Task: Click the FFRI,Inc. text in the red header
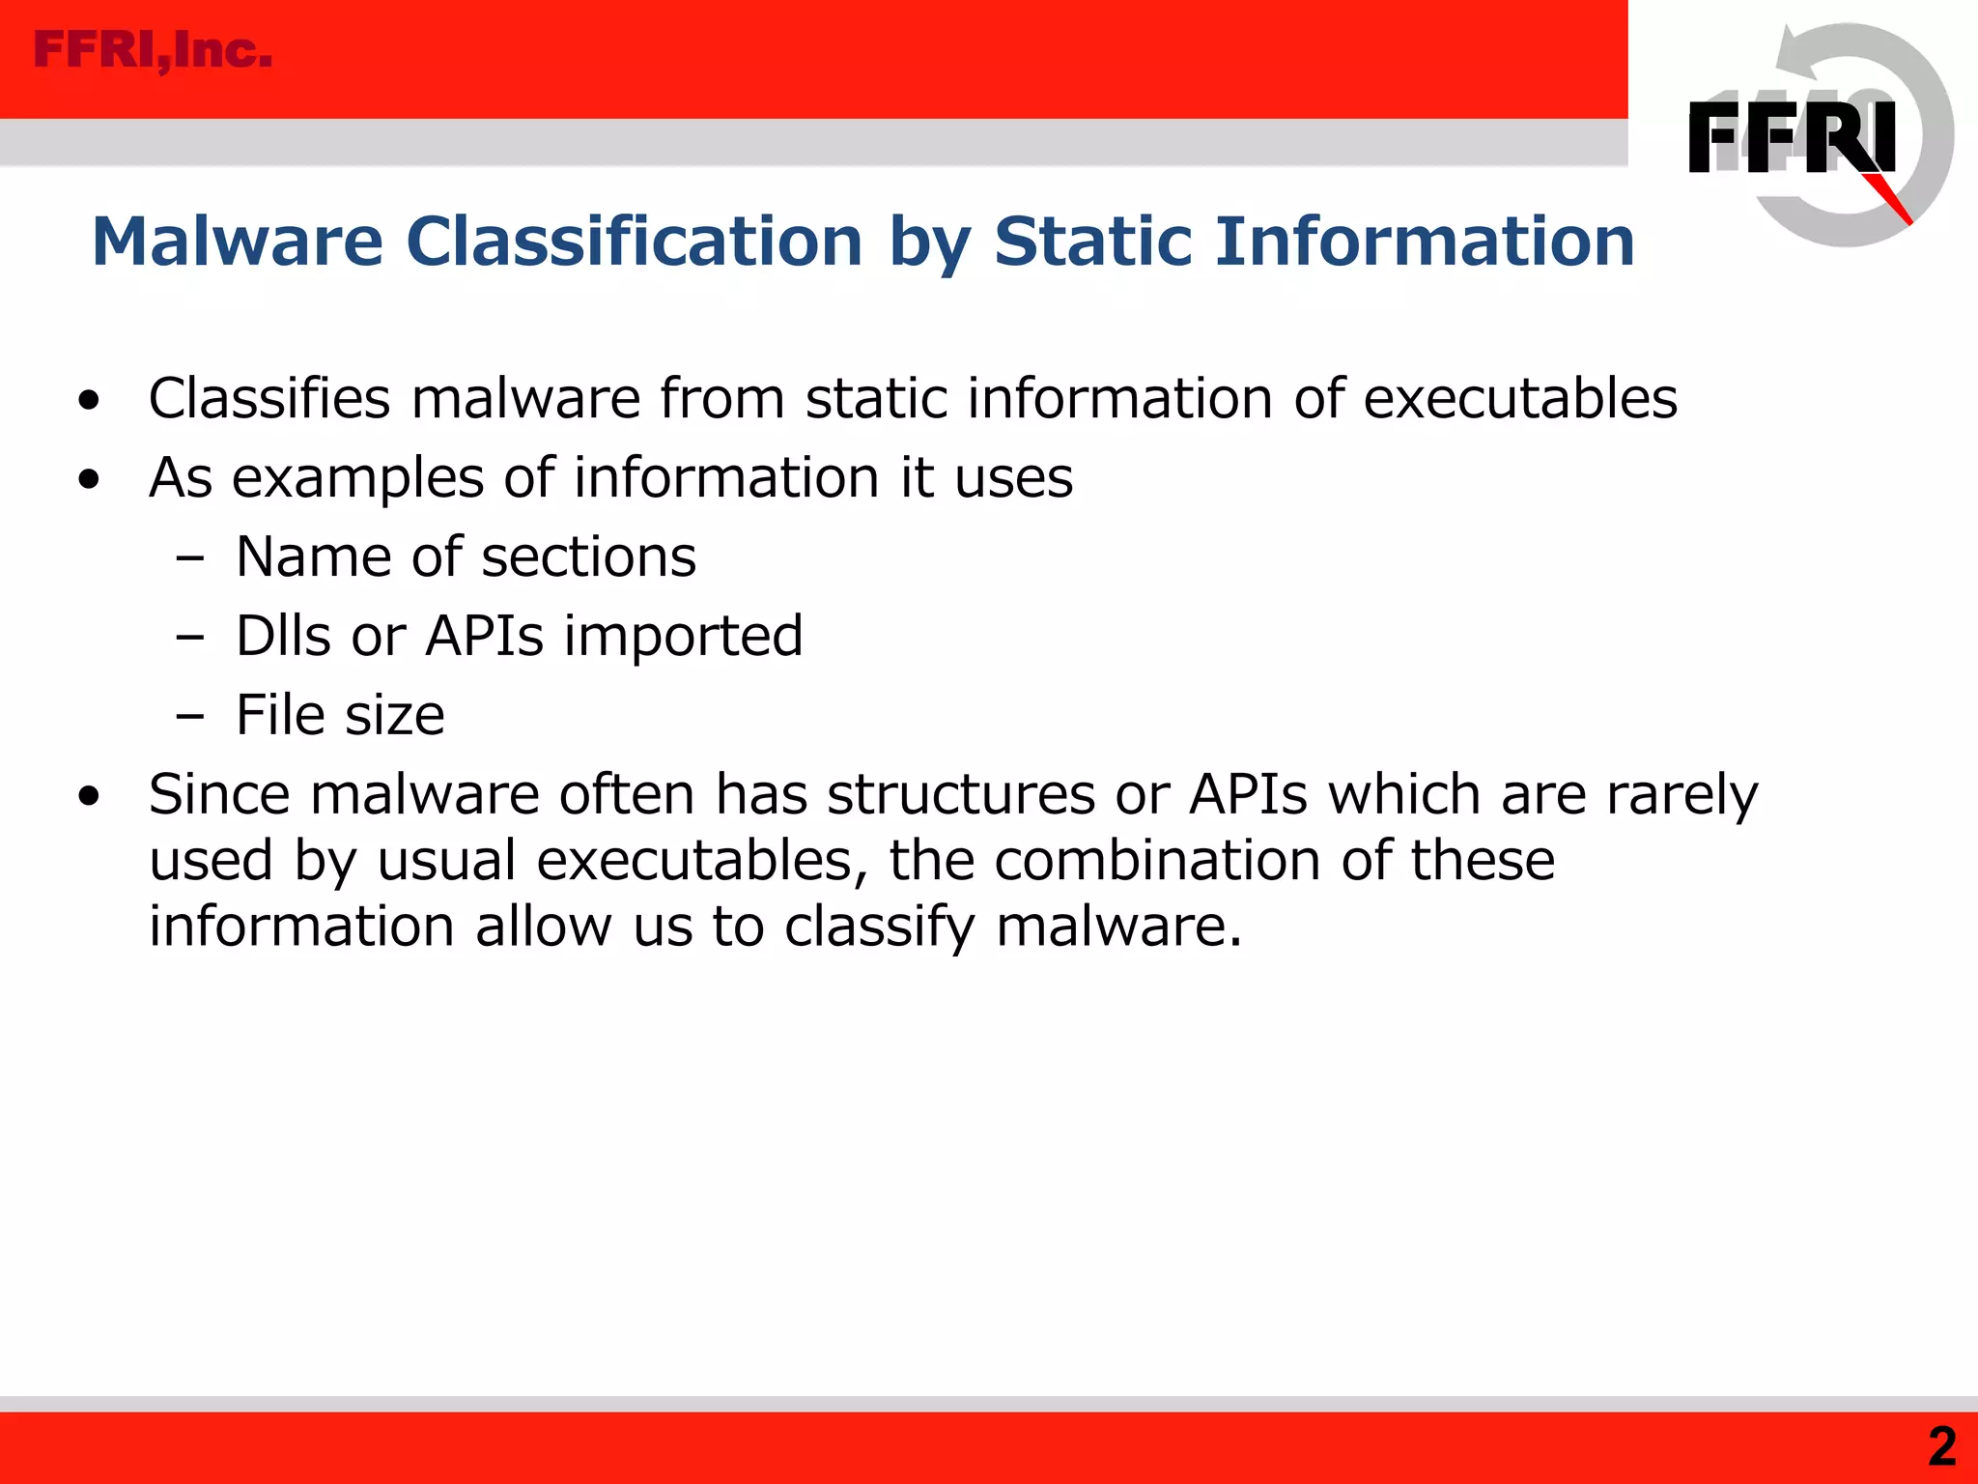coord(153,50)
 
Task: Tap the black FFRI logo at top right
coord(1792,137)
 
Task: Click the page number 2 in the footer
coord(1941,1447)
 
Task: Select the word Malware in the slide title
coord(238,242)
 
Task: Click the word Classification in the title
coord(634,242)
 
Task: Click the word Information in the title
coord(1425,242)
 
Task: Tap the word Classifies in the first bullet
coord(269,399)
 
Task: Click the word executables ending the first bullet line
coord(1520,399)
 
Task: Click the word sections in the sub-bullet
coord(588,557)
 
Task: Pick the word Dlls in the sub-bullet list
coord(282,637)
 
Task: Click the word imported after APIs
coord(683,637)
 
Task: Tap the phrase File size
coord(340,716)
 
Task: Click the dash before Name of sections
coord(190,558)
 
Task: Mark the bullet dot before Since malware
coord(90,797)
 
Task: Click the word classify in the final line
coord(879,927)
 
